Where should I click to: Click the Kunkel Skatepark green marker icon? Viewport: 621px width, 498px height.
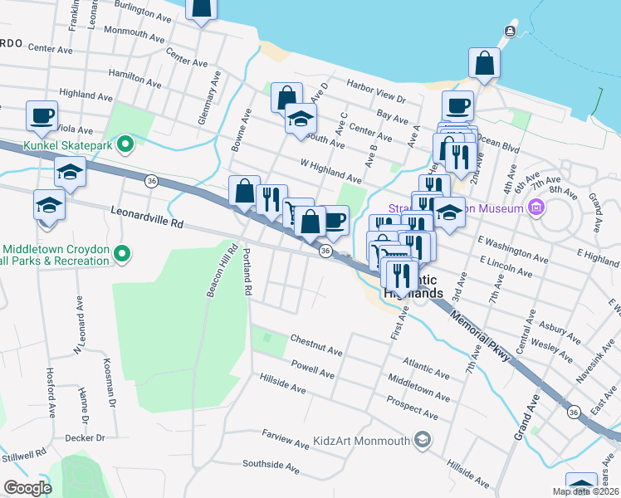click(125, 146)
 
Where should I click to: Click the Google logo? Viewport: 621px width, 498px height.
click(27, 487)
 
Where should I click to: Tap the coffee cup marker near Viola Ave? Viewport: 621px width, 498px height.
click(42, 116)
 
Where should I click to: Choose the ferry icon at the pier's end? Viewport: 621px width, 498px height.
click(510, 32)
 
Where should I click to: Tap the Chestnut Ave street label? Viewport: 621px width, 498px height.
click(315, 345)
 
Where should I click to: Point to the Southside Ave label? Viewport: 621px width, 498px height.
click(271, 468)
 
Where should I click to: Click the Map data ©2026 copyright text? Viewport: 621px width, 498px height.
click(586, 491)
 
